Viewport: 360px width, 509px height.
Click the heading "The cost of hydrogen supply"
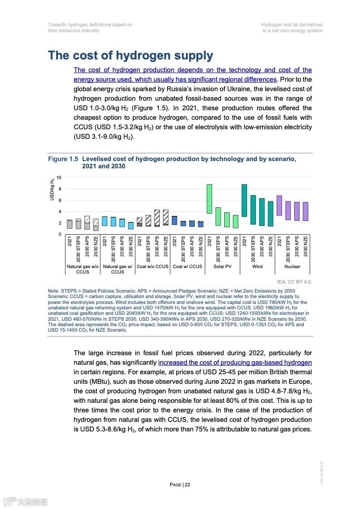[130, 56]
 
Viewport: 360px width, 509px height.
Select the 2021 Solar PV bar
[209, 199]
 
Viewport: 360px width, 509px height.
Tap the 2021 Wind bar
[244, 201]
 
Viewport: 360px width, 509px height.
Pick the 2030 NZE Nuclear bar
[306, 211]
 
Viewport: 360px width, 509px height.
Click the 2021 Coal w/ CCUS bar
[174, 220]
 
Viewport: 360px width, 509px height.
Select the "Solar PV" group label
[222, 266]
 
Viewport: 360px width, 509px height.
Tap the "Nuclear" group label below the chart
[292, 266]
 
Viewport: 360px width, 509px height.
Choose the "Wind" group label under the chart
[257, 266]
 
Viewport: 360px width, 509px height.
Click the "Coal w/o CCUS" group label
[153, 266]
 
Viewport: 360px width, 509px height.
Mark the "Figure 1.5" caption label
[63, 159]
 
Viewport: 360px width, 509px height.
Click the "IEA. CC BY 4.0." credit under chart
[294, 282]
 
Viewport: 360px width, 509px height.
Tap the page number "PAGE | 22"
[180, 485]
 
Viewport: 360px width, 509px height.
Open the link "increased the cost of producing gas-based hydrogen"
[235, 362]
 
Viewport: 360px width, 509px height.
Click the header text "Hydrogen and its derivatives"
[291, 24]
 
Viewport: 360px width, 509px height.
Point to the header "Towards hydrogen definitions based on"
[90, 24]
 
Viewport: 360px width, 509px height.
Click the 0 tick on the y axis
[59, 234]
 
